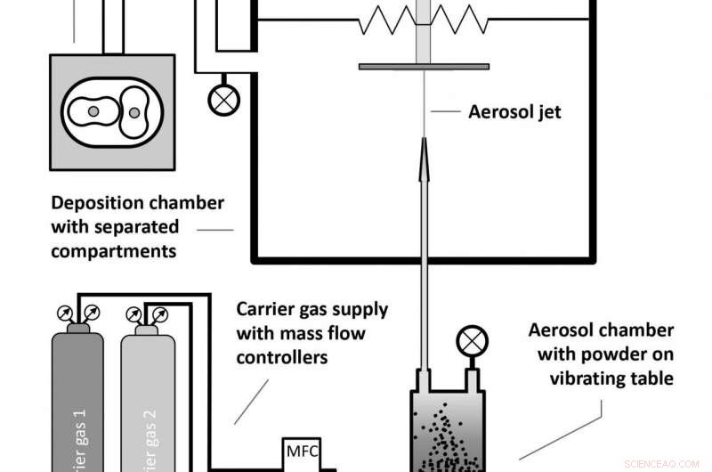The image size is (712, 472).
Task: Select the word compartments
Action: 113,250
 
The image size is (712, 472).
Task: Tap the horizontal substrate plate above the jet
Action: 424,65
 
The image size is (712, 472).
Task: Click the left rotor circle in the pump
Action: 92,111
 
